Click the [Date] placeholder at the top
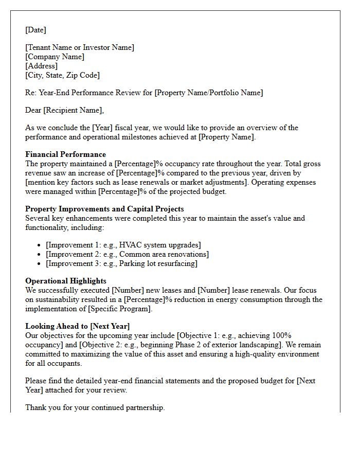(35, 30)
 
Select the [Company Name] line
(55, 57)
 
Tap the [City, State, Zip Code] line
(62, 75)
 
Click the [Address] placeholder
(41, 66)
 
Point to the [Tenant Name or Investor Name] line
(80, 47)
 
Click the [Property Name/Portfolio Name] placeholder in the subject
(209, 93)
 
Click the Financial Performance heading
(65, 154)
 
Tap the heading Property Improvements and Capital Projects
(104, 209)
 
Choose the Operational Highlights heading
(66, 281)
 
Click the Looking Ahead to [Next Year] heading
(77, 326)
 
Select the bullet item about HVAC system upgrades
(123, 245)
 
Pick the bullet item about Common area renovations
(127, 254)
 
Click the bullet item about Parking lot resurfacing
(121, 263)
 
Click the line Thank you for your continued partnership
(95, 407)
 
